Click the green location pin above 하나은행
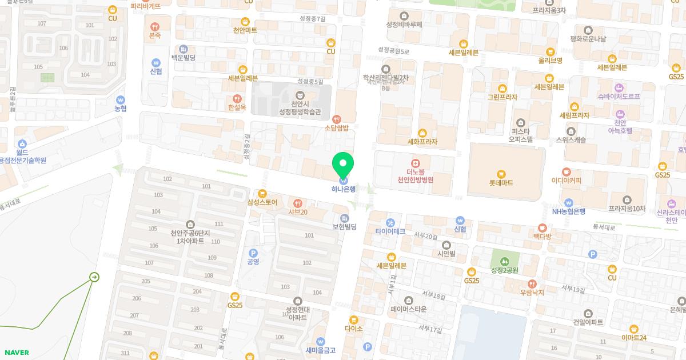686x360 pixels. (343, 165)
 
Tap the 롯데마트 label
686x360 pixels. (501, 183)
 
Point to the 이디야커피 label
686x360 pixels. (566, 181)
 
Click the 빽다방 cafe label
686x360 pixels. (541, 237)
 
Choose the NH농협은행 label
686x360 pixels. (568, 211)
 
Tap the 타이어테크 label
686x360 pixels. (390, 231)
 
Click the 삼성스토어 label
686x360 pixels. (262, 202)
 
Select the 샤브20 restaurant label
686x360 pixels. (297, 212)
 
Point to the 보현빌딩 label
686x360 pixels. (344, 227)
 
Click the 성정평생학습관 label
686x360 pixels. (300, 111)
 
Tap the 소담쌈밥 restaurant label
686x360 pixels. (337, 128)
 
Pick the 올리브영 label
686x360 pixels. (550, 60)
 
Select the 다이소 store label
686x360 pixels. (354, 329)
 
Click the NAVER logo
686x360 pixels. (16, 353)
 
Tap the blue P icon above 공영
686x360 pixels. (253, 253)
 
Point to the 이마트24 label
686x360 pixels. (633, 338)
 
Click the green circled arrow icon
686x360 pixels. (94, 278)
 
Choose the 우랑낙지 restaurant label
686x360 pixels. (532, 292)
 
